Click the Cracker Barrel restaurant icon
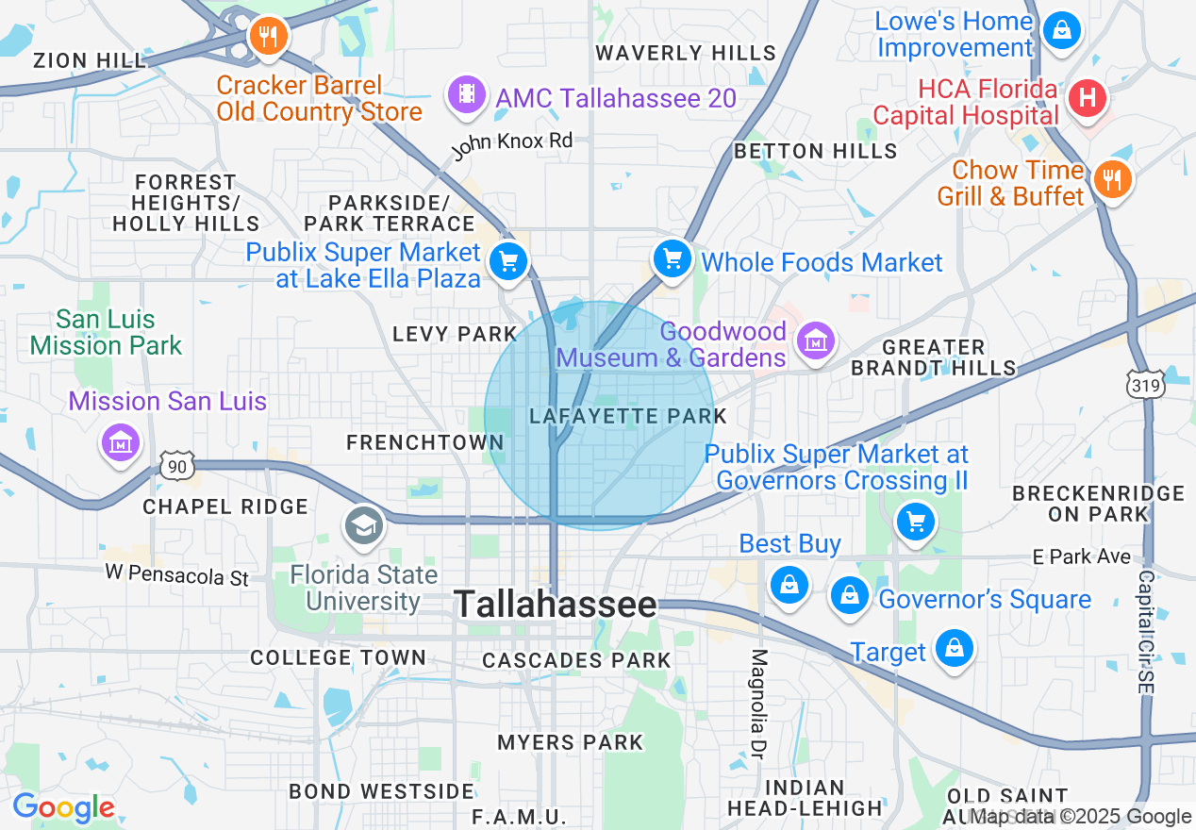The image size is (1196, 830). tap(269, 37)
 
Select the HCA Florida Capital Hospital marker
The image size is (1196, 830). tap(1087, 97)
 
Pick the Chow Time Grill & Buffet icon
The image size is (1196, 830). tap(1113, 178)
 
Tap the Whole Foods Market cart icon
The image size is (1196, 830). tap(673, 258)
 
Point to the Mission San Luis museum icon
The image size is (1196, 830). tap(122, 441)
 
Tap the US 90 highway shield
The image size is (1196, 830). tap(177, 464)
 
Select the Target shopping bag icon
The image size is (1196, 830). tap(955, 648)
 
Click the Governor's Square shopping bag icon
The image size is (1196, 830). tap(850, 595)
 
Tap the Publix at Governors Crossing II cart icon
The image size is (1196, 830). tap(914, 521)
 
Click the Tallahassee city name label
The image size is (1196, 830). tap(556, 605)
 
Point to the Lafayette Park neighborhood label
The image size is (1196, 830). tap(628, 416)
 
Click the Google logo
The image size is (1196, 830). tap(63, 807)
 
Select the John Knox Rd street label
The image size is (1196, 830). tap(511, 145)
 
